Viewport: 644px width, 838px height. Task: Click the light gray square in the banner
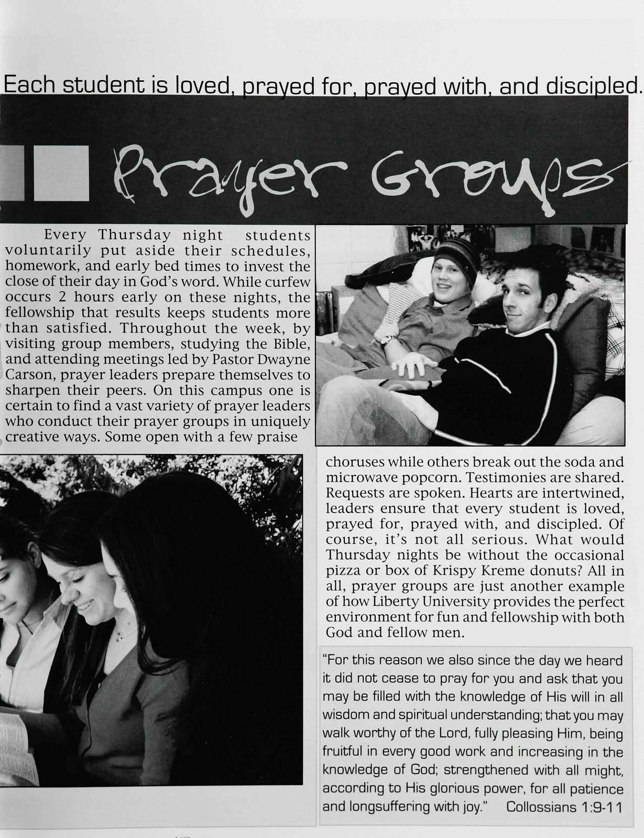tap(61, 173)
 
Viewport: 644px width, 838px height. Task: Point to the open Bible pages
tap(16, 744)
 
